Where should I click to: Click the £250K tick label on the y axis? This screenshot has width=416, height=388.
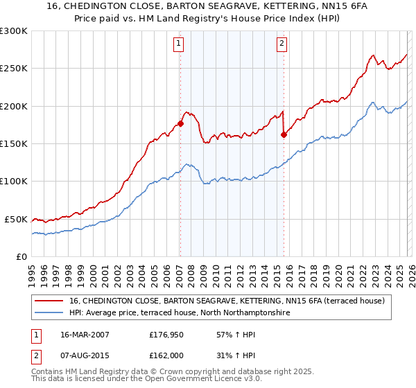[x=14, y=69]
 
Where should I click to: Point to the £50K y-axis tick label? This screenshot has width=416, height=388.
[x=16, y=219]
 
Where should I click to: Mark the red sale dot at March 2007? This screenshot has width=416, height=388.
[x=180, y=124]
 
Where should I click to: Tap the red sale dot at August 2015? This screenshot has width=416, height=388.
[x=284, y=135]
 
